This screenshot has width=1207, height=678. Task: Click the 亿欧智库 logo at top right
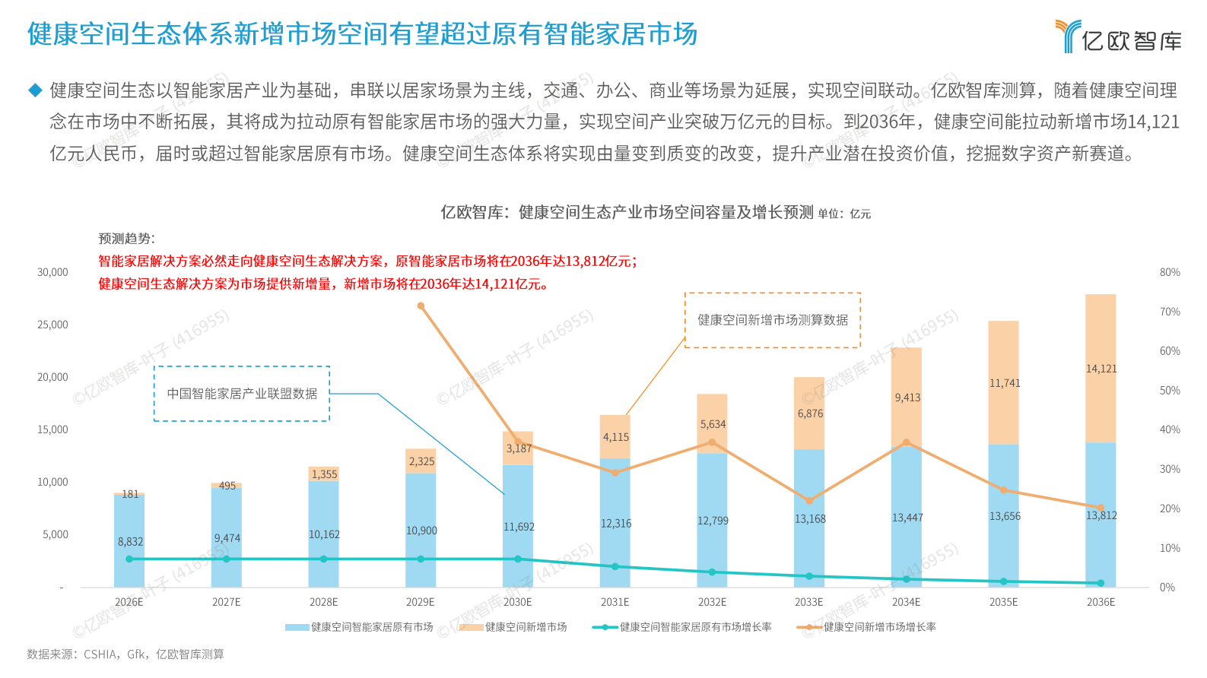[1118, 36]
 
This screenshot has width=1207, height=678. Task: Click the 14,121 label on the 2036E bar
[1101, 369]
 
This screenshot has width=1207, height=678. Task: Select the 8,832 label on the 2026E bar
[130, 542]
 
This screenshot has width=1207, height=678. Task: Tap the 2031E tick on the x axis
[615, 602]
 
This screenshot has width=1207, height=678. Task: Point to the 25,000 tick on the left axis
[52, 325]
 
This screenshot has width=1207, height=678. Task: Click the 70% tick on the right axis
[1169, 312]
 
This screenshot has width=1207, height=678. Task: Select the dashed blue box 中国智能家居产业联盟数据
[242, 394]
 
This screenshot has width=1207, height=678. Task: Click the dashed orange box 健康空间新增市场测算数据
[773, 320]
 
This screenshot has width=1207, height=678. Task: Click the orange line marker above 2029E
[421, 306]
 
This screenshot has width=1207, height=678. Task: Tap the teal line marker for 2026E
[129, 559]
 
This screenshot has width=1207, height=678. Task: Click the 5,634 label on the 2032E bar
[713, 424]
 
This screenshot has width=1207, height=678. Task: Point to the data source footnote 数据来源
[125, 654]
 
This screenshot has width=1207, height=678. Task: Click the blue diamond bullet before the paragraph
[35, 90]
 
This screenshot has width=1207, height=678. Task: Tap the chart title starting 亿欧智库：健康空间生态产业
[627, 212]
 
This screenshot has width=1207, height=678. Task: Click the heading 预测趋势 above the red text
[126, 239]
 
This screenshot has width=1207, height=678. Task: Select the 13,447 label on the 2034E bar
[907, 518]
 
